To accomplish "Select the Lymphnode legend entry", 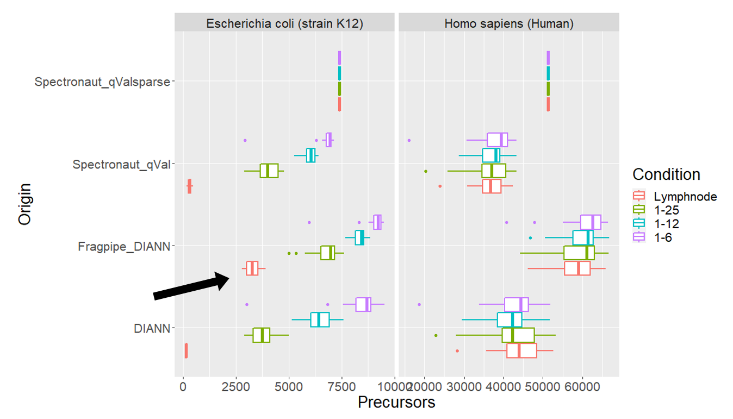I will point(685,196).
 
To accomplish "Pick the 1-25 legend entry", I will point(666,210).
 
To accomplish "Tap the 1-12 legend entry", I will point(666,223).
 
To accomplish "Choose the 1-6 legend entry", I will point(663,237).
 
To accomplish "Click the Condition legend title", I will point(666,174).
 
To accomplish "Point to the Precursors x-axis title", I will point(396,402).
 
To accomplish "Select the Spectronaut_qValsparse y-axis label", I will point(102,82).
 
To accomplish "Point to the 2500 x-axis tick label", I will point(235,387).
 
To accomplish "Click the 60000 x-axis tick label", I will point(582,387).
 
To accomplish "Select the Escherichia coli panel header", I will point(284,23).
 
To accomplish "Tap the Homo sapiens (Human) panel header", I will point(509,23).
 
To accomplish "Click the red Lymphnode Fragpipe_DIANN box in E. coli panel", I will point(252,268).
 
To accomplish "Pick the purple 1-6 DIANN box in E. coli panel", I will point(363,304).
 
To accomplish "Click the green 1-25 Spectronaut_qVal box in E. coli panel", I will point(269,171).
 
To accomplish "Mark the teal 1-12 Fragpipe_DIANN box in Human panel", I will point(582,238).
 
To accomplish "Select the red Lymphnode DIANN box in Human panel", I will point(521,351).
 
